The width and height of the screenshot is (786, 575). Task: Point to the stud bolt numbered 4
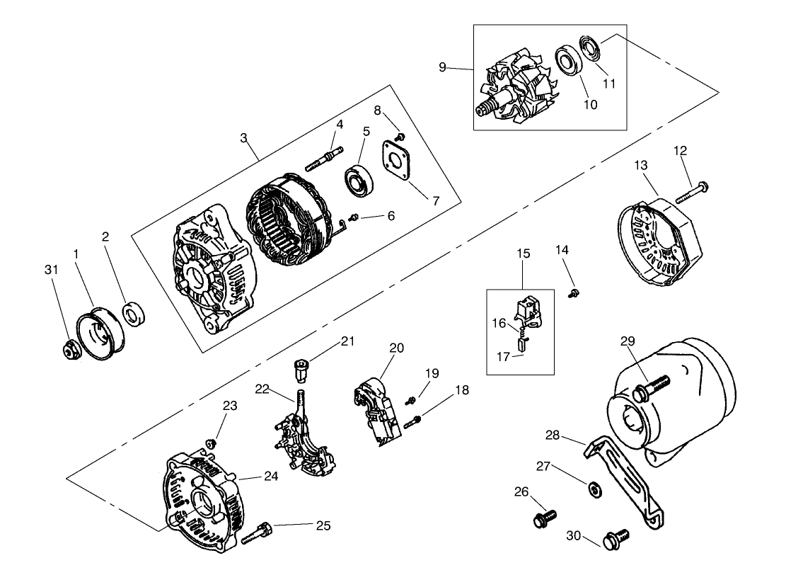[x=325, y=157]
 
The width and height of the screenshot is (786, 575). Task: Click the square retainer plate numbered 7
[x=400, y=161]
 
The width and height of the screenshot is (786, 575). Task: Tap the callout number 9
[x=442, y=67]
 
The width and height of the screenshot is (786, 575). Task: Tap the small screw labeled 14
[x=575, y=292]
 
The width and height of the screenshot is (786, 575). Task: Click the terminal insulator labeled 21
[x=301, y=369]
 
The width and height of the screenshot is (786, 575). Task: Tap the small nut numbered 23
[x=210, y=443]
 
